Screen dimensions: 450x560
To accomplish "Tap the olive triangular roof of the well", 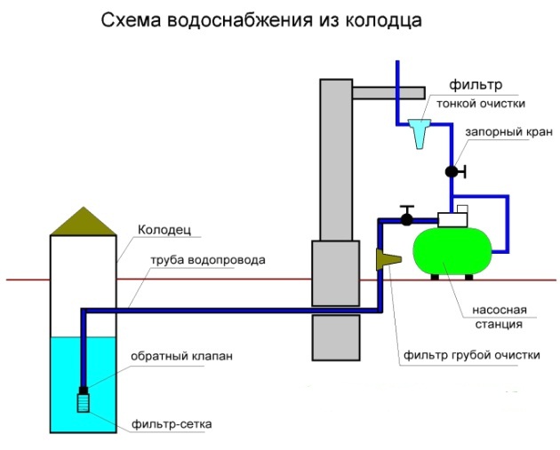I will coord(82,223).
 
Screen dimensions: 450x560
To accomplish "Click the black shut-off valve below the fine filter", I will coord(452,170).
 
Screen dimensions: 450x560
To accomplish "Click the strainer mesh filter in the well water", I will coord(83,402).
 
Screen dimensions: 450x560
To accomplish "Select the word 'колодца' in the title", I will coord(384,19).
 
